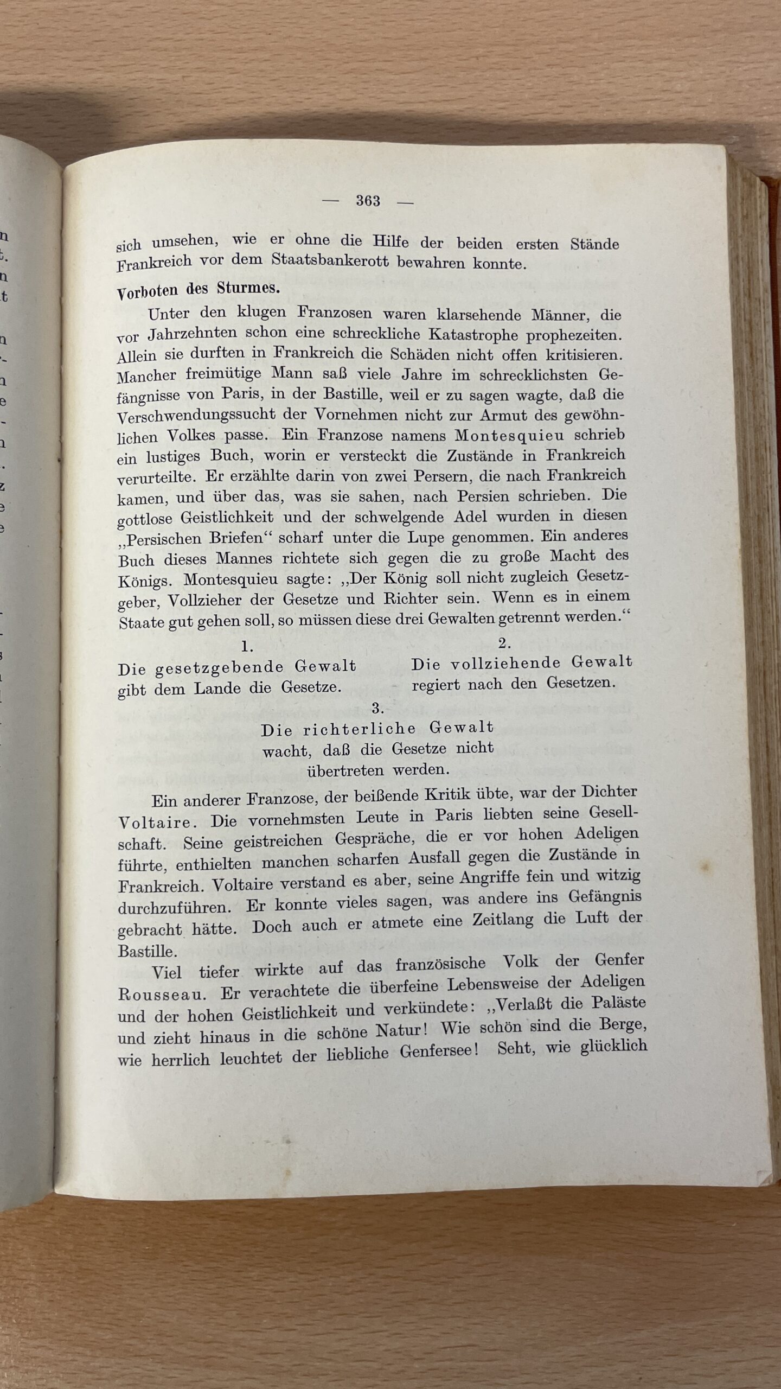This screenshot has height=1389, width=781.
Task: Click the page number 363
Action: coord(368,201)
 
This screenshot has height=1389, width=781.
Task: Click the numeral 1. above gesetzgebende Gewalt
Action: coord(247,646)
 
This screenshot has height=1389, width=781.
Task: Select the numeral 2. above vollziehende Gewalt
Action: coord(505,643)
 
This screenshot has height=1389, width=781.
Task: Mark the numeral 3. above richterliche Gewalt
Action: coord(378,708)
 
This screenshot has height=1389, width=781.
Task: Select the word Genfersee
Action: coord(439,1051)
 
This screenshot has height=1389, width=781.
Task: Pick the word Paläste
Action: coord(617,1003)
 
